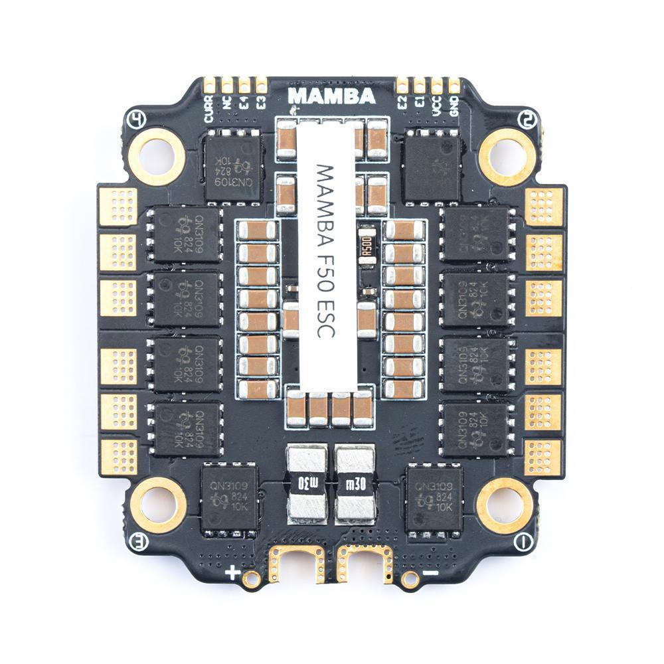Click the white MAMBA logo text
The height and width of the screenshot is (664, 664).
click(332, 96)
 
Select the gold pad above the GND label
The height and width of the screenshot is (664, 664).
click(454, 85)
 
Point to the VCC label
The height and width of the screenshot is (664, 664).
click(437, 106)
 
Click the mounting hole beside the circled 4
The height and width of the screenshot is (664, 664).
click(157, 157)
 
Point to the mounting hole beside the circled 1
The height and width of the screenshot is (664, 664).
click(505, 505)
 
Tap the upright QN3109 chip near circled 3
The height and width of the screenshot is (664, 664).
click(229, 497)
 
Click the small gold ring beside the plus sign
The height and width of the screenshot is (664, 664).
click(251, 579)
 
